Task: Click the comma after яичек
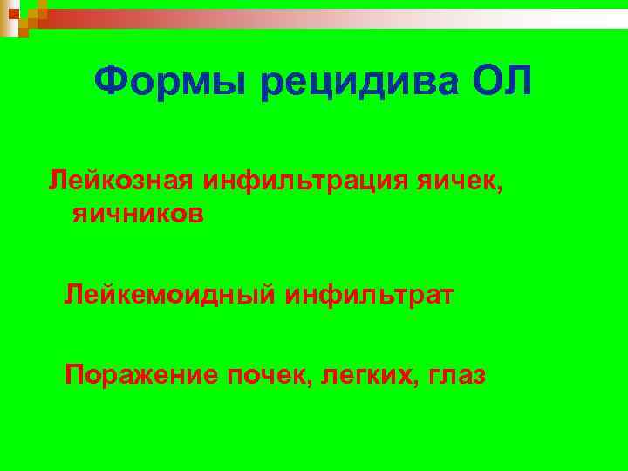pyautogui.click(x=501, y=188)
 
